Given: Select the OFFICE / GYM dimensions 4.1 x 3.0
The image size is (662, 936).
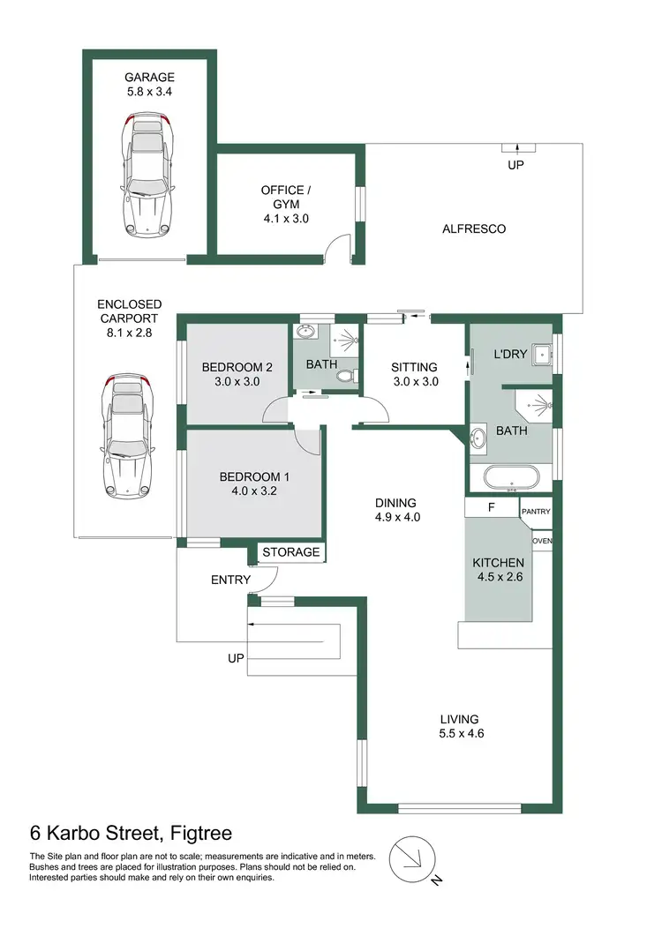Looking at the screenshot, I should pos(285,219).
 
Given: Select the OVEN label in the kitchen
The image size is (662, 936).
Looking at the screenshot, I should pos(541,542).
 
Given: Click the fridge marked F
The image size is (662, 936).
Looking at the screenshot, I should pos(491,510).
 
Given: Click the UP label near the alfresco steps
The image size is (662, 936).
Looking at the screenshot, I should pos(515,165).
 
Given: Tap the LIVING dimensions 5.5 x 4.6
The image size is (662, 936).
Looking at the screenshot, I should pos(461,731).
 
